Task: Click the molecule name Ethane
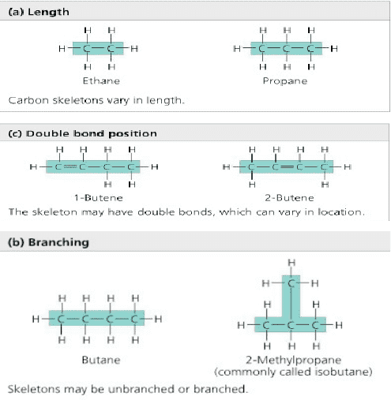point(101,80)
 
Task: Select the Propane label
point(285,81)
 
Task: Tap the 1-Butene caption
point(99,198)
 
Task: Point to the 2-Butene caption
point(289,198)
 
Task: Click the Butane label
point(101,360)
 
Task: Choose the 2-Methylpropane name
point(294,360)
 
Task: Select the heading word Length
point(48,12)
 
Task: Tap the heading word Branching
point(58,242)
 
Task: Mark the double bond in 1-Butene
point(70,166)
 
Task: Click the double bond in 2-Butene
point(288,166)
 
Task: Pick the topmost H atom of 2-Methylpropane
point(291,263)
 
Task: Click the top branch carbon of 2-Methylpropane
point(291,283)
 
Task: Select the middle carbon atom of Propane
point(287,49)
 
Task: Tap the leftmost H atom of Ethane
point(62,49)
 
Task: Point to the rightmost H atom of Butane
point(158,319)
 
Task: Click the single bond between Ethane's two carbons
point(99,48)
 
